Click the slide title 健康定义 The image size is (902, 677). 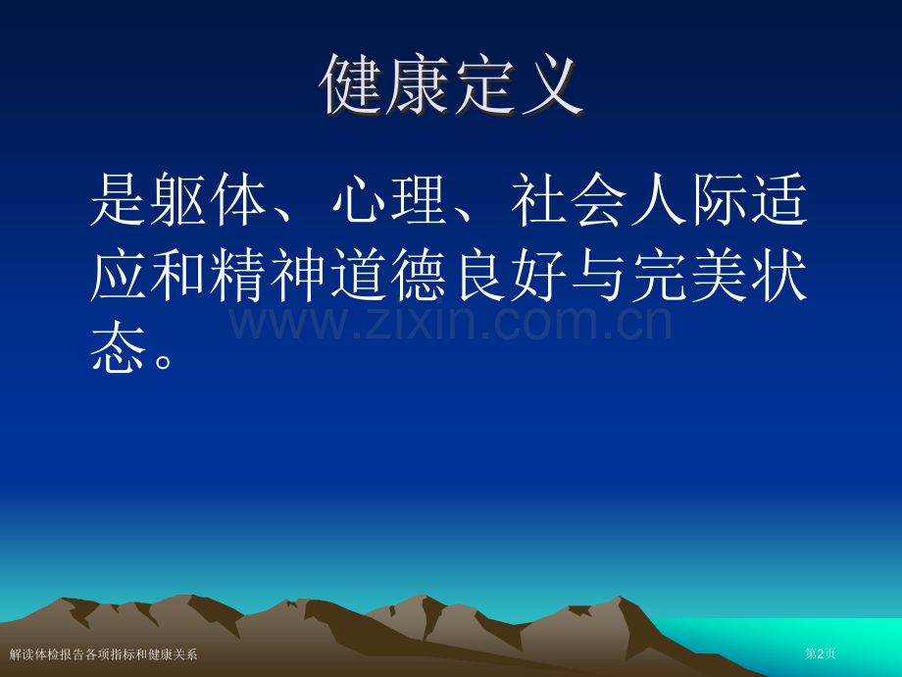tap(452, 85)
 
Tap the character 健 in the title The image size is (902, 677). tap(352, 85)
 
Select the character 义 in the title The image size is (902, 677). tap(552, 85)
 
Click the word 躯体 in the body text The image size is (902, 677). tap(209, 199)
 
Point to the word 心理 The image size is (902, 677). tap(389, 199)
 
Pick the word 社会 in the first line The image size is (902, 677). tap(569, 199)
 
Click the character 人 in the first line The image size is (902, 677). tap(659, 199)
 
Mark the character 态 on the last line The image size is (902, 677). tap(119, 346)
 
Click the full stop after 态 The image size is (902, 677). tap(163, 361)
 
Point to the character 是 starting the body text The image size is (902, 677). tap(119, 199)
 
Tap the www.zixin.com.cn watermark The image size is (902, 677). tap(450, 322)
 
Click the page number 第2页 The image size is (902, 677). tap(821, 653)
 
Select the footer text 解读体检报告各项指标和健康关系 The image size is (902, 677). tap(104, 654)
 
